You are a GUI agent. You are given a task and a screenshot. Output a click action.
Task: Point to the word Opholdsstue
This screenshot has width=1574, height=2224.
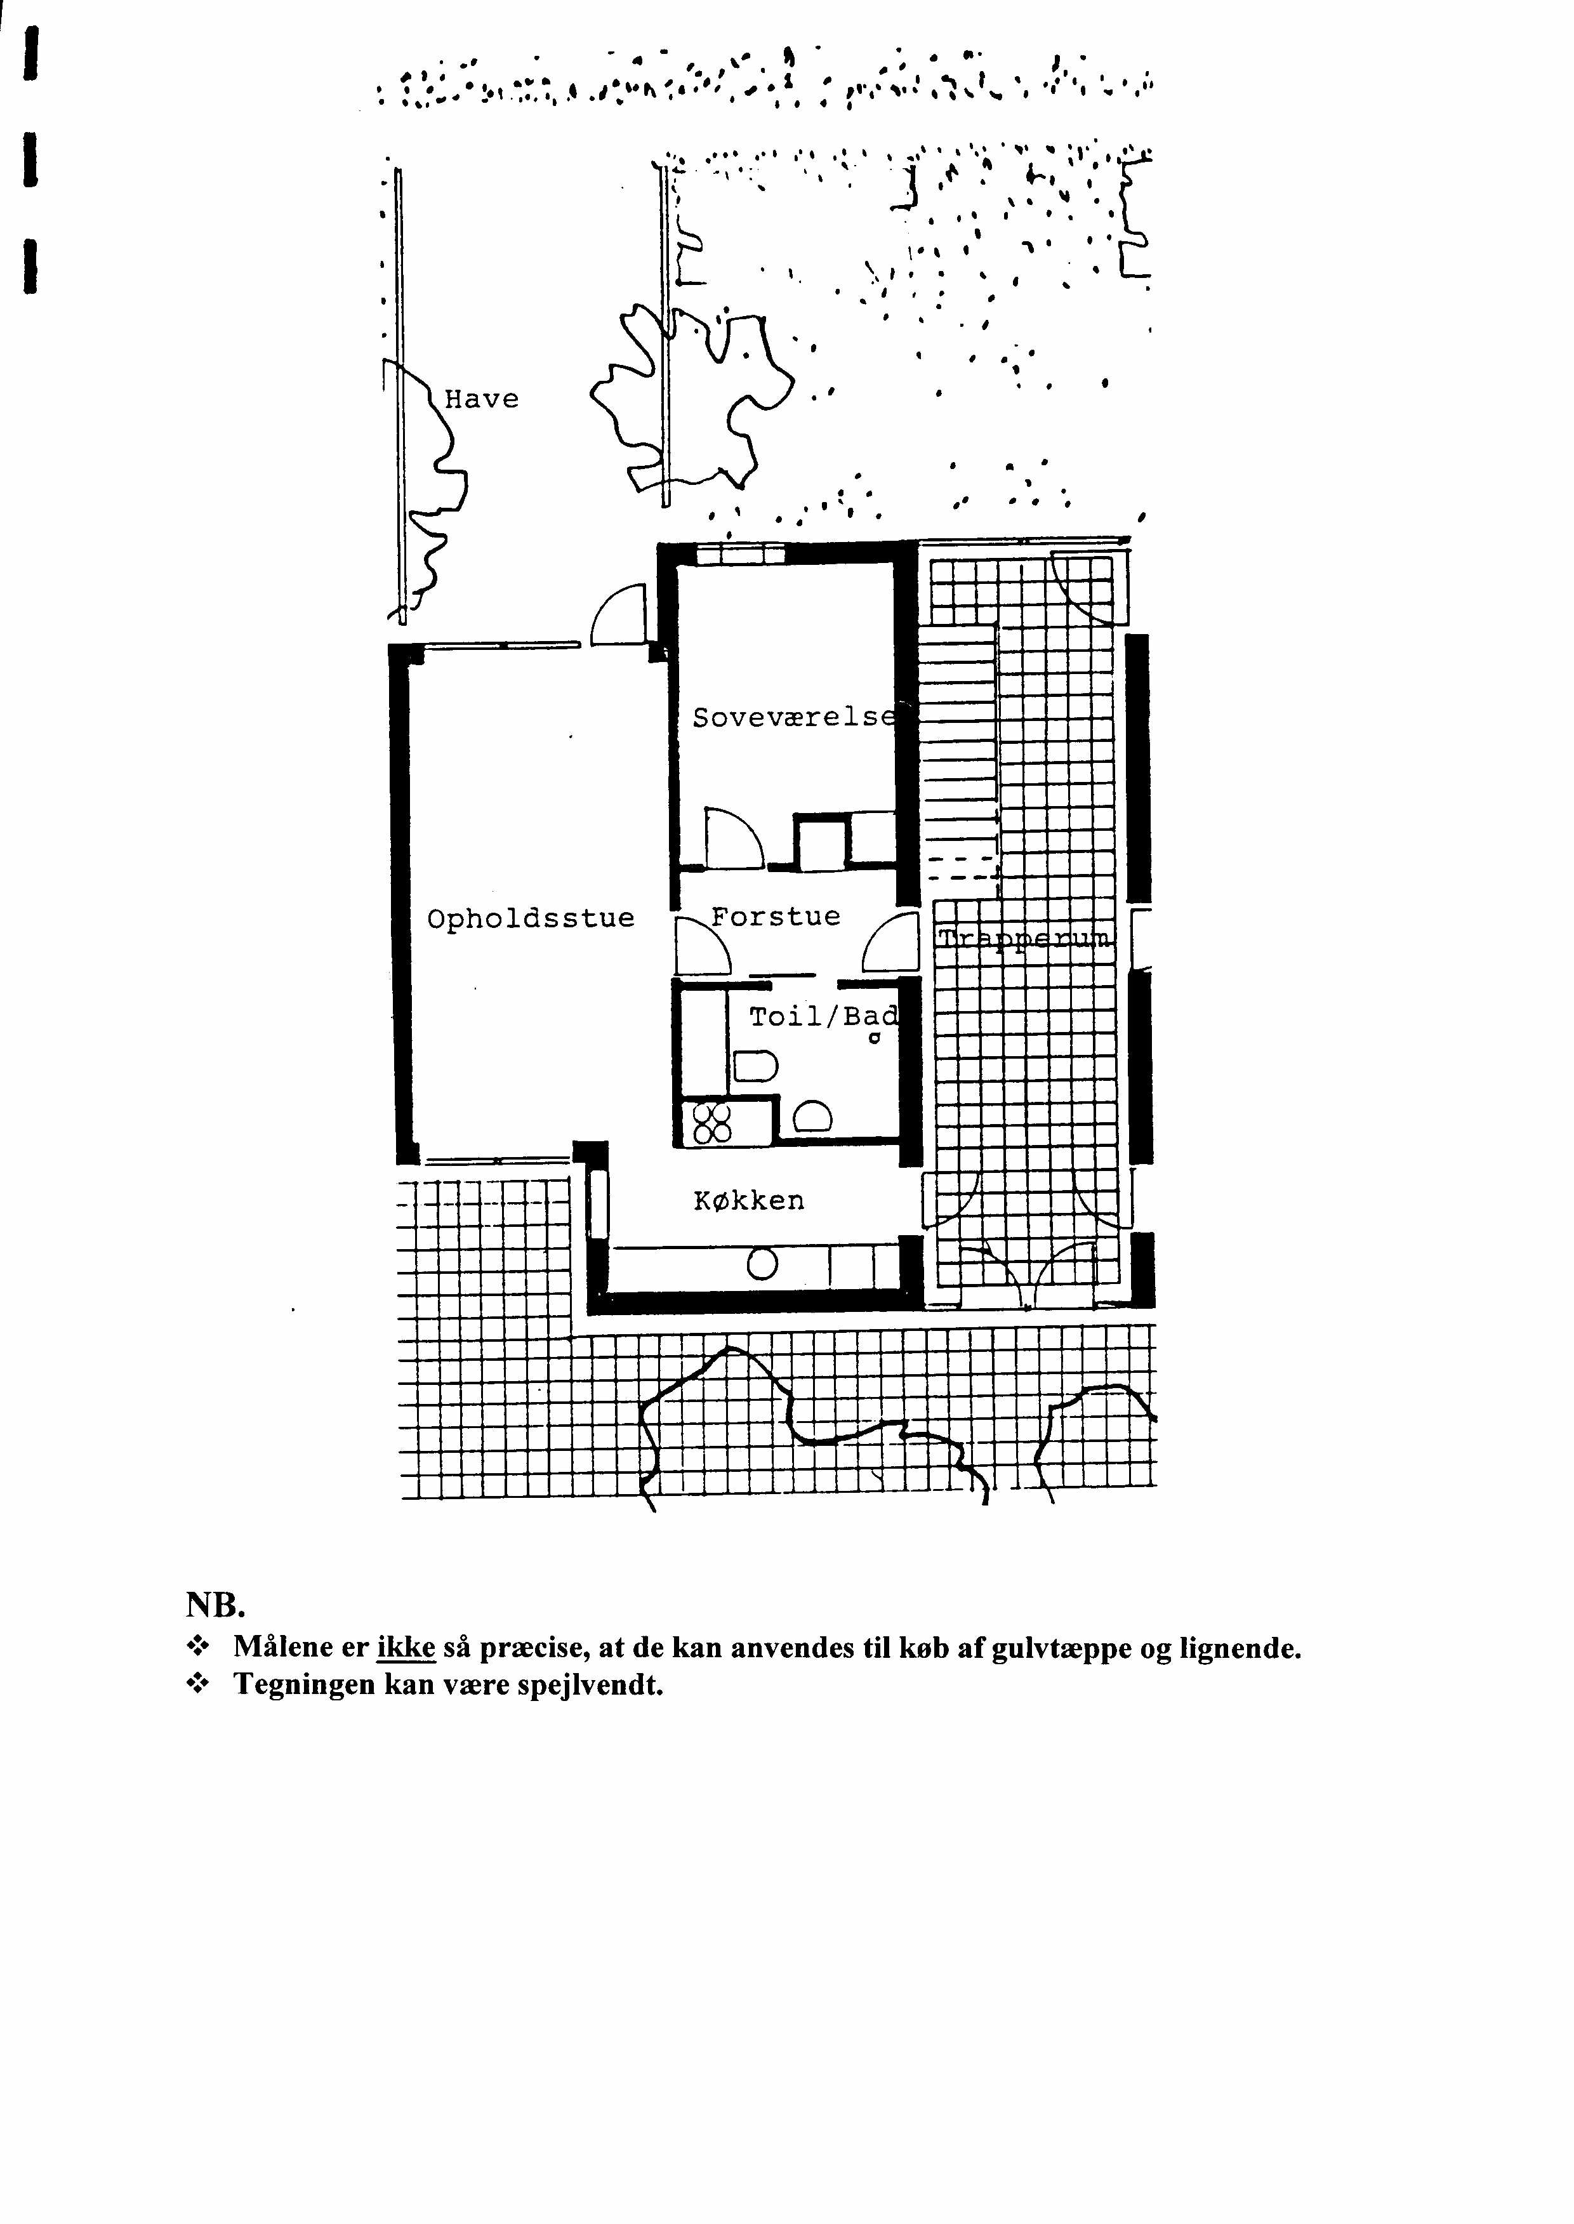[x=531, y=918]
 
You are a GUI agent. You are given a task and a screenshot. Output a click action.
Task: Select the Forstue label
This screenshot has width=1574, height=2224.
[x=776, y=916]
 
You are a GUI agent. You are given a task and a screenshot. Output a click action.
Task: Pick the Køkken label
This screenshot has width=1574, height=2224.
[x=749, y=1201]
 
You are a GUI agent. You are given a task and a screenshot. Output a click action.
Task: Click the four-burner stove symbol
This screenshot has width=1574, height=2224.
[x=711, y=1123]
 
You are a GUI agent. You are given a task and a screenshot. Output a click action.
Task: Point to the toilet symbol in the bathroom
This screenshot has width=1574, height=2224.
[x=755, y=1065]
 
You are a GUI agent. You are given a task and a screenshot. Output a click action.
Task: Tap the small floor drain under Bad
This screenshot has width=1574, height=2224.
[x=874, y=1039]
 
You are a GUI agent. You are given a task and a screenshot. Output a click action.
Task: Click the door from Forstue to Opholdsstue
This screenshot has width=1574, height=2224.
[x=702, y=946]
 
